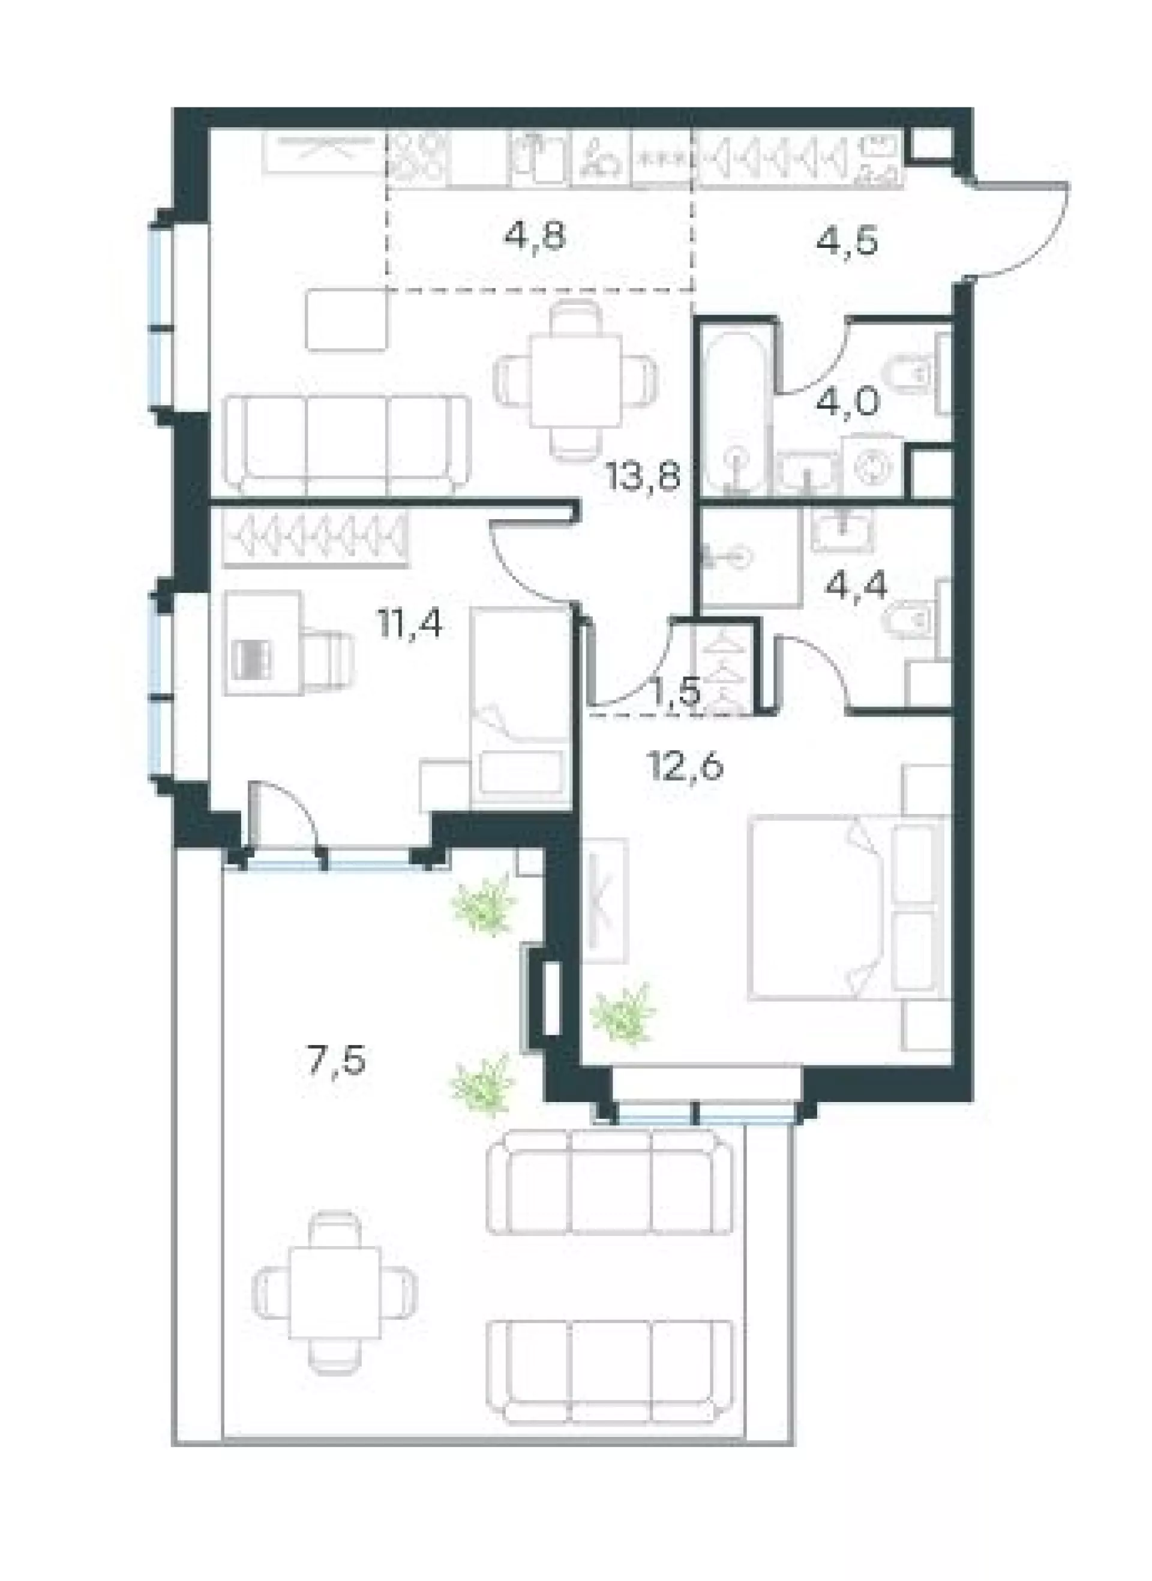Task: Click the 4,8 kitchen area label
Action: click(534, 237)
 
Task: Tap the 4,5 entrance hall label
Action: click(846, 242)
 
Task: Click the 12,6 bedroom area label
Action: click(685, 766)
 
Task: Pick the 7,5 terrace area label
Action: click(336, 1062)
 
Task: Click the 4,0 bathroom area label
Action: click(851, 402)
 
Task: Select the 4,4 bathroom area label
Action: click(856, 586)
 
